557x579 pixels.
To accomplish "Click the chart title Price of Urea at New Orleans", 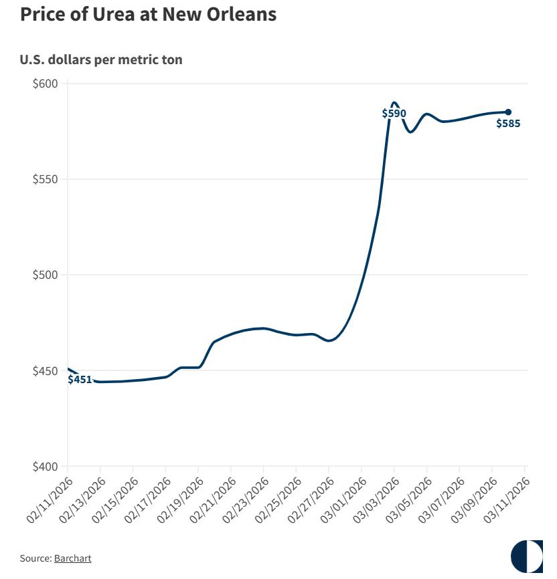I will tap(148, 14).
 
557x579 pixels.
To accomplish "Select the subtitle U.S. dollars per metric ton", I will tap(101, 60).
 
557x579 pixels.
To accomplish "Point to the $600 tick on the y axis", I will tap(47, 84).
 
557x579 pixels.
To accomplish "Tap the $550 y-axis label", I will tap(47, 179).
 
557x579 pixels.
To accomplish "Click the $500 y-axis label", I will tap(47, 275).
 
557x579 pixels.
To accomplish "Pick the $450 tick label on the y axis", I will tap(47, 370).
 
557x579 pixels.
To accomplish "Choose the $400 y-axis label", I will tap(47, 466).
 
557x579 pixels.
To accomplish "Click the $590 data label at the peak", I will tap(394, 114).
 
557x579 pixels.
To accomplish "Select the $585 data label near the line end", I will tap(508, 123).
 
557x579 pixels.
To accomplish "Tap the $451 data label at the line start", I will tap(80, 380).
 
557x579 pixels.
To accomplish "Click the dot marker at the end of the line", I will tap(508, 112).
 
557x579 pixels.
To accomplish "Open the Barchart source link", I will tap(72, 558).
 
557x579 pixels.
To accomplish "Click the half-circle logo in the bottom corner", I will tap(527, 556).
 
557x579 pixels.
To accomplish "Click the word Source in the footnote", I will tap(35, 558).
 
